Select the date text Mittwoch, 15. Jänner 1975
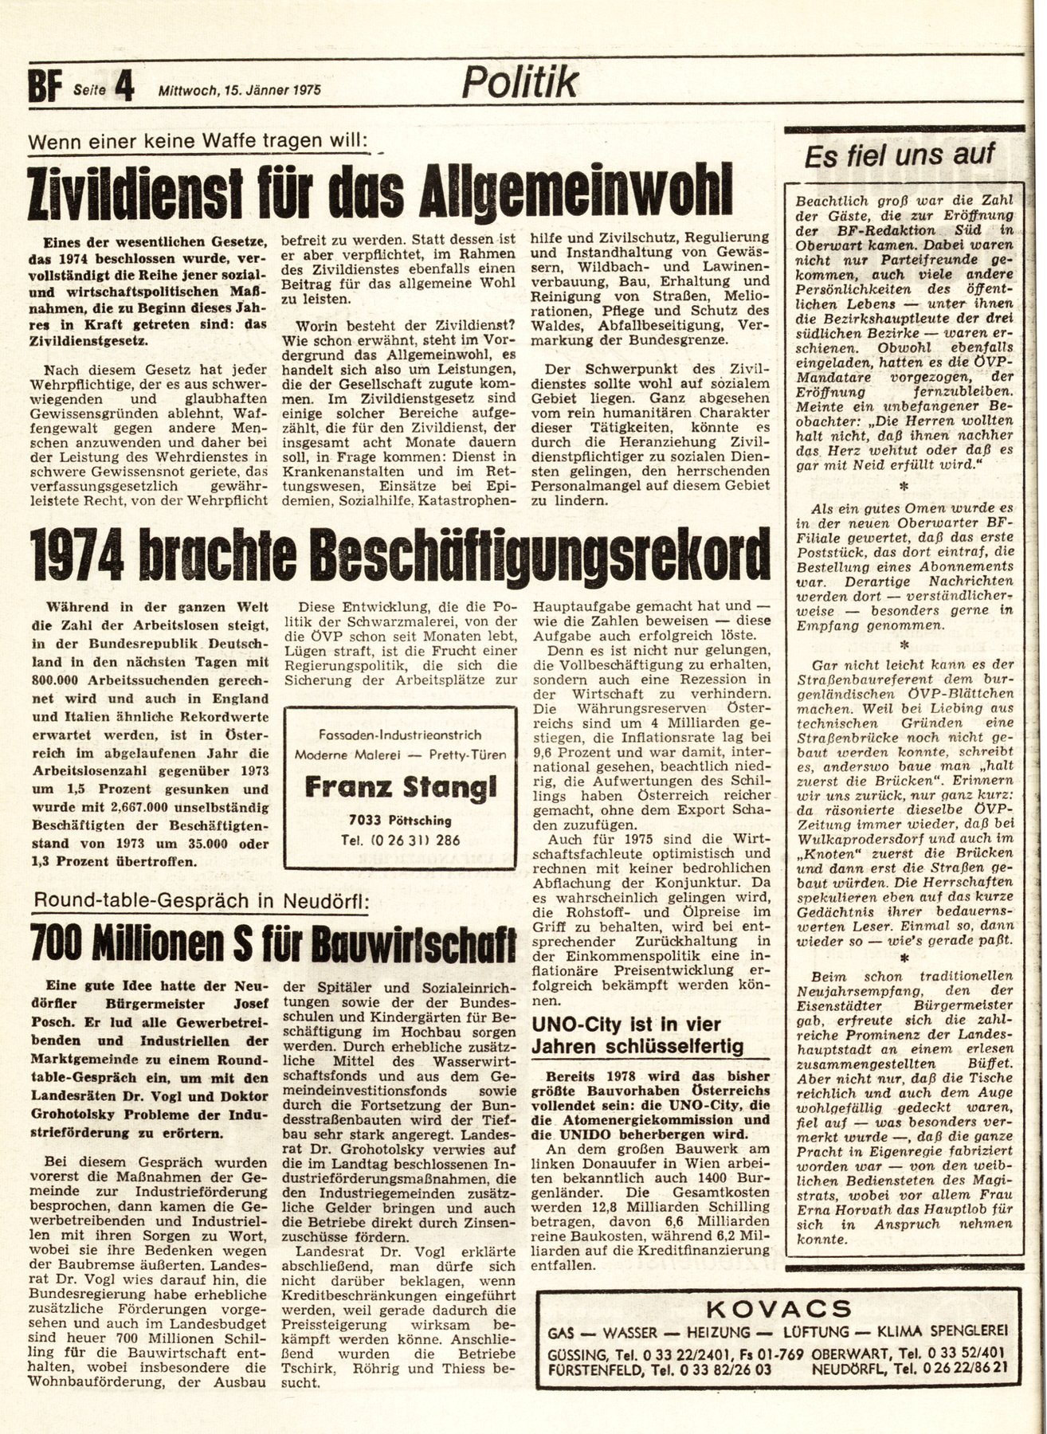pos(240,91)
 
